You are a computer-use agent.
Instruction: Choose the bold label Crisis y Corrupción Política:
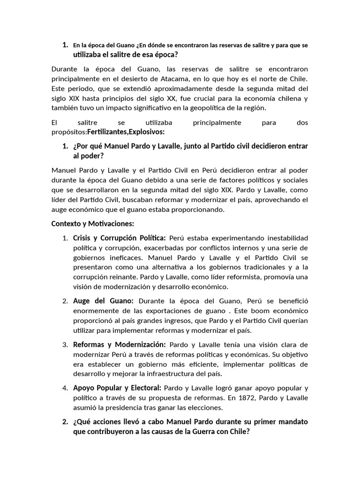click(x=120, y=238)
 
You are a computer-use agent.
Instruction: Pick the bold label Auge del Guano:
click(x=103, y=300)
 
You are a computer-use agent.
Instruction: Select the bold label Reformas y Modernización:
click(x=120, y=345)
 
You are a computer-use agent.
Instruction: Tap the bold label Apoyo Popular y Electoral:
click(x=117, y=388)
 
